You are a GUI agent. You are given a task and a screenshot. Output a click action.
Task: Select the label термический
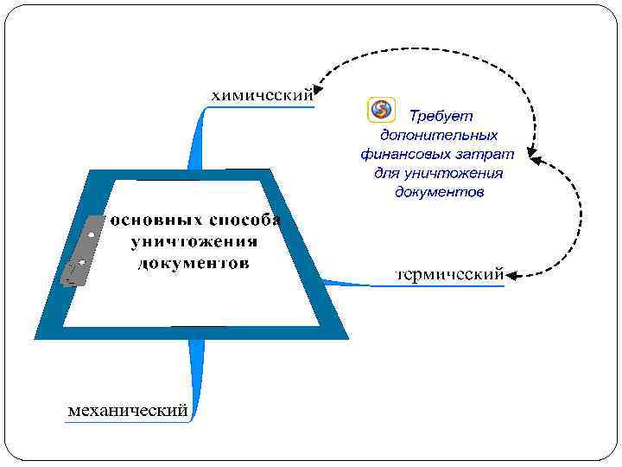coord(449,275)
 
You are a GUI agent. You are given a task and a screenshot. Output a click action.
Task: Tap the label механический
coord(128,410)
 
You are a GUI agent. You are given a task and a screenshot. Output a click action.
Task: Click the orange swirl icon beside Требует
coord(381,110)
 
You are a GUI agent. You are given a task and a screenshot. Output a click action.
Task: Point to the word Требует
coord(441,115)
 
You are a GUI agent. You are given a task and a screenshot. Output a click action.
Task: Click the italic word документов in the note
coord(438,191)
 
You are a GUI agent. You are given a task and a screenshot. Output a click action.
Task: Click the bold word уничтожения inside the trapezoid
coord(194,240)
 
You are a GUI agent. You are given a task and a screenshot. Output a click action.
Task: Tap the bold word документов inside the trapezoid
coord(194,262)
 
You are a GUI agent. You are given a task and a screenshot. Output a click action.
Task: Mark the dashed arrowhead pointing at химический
coord(318,86)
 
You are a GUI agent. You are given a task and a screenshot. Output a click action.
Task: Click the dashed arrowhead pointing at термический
coord(511,275)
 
